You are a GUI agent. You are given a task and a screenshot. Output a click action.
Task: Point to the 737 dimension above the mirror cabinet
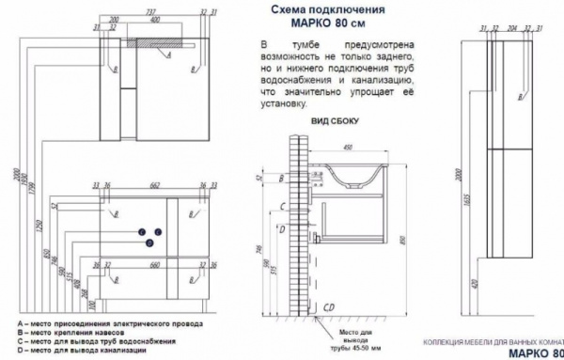[x=152, y=11]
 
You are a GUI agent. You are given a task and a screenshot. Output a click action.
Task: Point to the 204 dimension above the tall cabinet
[x=513, y=28]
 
